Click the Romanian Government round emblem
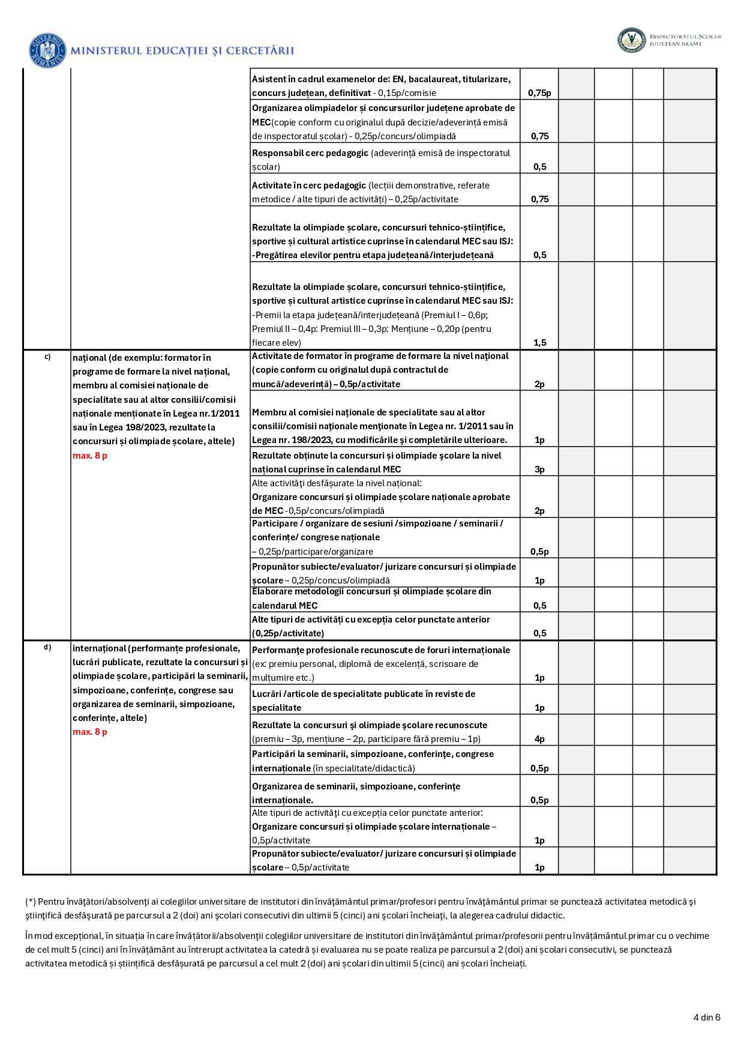(x=47, y=50)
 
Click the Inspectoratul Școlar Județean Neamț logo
(x=631, y=40)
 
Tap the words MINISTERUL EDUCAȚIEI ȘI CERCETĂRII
(x=182, y=51)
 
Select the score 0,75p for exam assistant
(x=539, y=93)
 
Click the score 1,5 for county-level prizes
(x=539, y=343)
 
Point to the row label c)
(x=47, y=357)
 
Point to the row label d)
(x=47, y=647)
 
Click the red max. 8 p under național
(x=90, y=456)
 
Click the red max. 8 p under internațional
(x=90, y=732)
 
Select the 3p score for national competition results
(x=539, y=469)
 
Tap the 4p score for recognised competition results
(x=539, y=739)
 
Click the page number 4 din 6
(x=706, y=1017)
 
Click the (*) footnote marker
(x=30, y=902)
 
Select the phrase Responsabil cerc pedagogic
(x=310, y=153)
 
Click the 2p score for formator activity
(x=539, y=384)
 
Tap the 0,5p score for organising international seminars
(x=539, y=800)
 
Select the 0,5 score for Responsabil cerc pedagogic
(x=539, y=167)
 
